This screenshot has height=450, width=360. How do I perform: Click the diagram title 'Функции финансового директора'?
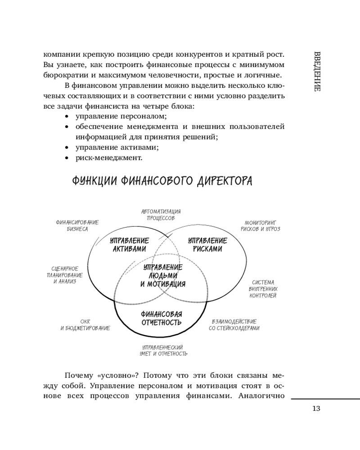click(x=162, y=181)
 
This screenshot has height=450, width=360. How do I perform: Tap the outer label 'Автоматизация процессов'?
click(x=161, y=214)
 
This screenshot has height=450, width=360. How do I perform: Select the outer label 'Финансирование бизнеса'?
click(x=77, y=225)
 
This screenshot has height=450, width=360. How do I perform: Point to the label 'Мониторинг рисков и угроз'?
click(x=263, y=225)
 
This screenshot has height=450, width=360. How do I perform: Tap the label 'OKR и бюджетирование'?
click(x=85, y=325)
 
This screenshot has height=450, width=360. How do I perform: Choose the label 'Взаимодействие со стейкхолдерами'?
click(x=234, y=325)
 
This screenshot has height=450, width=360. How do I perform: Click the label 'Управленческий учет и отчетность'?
click(x=163, y=350)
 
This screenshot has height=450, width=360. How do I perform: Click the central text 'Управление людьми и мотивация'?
click(x=163, y=275)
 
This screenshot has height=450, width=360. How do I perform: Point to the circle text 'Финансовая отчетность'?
click(x=161, y=318)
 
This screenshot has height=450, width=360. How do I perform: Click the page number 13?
click(x=315, y=409)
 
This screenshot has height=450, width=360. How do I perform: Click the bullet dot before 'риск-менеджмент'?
click(x=67, y=158)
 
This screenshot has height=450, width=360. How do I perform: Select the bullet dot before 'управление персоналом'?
click(x=67, y=117)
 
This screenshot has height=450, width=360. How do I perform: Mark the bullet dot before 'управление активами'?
click(x=67, y=148)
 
